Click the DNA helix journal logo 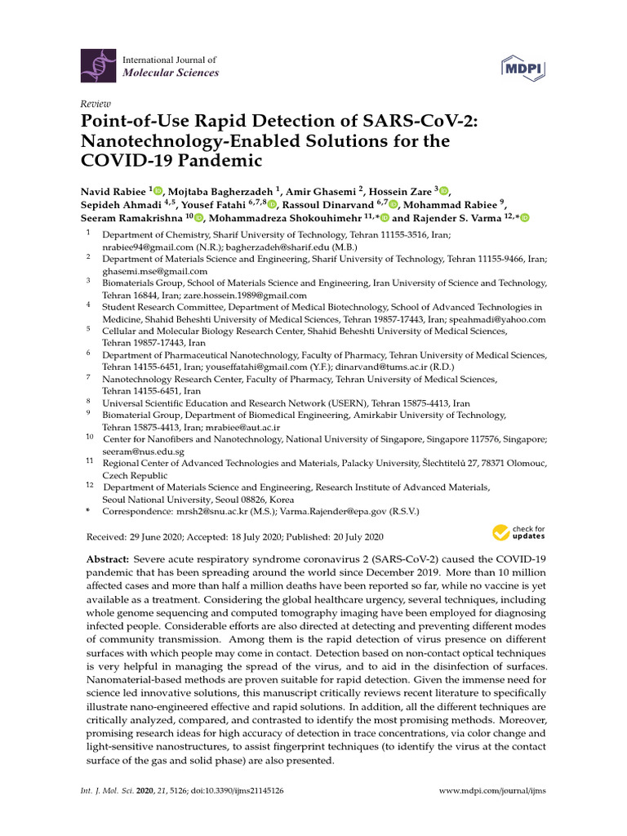98,66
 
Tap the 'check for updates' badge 518,533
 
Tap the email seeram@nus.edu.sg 143,451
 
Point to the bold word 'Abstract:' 108,558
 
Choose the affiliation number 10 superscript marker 89,438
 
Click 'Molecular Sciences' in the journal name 171,73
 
